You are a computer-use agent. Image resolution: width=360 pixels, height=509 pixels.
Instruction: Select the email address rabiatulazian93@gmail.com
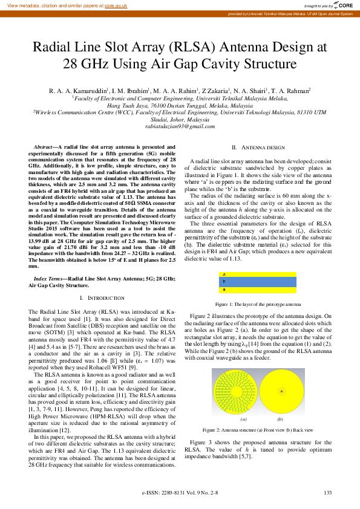click(180, 126)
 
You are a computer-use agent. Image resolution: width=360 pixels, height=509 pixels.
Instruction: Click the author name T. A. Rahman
click(291, 91)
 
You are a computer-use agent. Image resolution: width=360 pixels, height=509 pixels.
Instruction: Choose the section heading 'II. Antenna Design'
click(258, 148)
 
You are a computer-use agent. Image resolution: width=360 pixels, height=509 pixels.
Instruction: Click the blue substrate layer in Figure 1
click(258, 282)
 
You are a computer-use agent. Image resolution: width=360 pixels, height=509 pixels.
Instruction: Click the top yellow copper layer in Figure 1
click(258, 275)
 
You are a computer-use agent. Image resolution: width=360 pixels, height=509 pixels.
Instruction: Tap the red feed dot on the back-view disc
click(281, 392)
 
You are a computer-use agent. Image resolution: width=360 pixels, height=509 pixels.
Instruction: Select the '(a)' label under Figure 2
click(244, 418)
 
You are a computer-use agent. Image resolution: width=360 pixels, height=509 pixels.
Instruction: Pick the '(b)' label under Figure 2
click(280, 418)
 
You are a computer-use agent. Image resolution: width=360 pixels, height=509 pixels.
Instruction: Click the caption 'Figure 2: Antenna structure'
click(258, 429)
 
